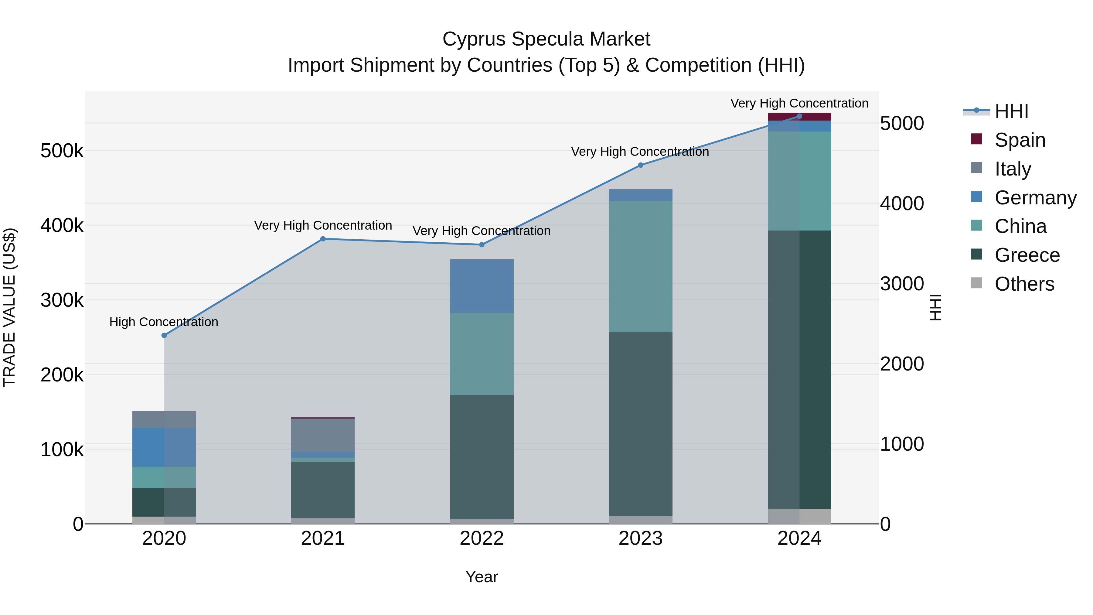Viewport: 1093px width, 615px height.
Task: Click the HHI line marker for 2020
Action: coord(164,335)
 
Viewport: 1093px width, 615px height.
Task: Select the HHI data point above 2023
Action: coord(641,165)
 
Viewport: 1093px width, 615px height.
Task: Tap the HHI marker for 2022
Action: coord(482,245)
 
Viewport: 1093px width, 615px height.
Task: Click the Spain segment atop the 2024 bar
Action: coord(799,117)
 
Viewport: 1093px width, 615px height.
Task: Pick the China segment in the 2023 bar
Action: coord(641,267)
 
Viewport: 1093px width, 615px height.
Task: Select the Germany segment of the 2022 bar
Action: coord(482,286)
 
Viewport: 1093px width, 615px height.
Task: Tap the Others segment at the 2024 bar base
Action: coord(799,516)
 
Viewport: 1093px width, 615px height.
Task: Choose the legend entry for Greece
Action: coord(1027,255)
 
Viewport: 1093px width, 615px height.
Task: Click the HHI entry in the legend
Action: coord(1011,111)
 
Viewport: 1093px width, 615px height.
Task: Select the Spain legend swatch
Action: coord(976,139)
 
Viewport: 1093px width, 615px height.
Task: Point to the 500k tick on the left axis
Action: coord(62,151)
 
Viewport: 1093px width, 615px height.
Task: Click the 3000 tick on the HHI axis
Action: coord(902,284)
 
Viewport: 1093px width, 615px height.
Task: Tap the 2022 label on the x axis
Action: coord(482,538)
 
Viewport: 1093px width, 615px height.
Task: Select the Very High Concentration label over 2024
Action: coord(799,103)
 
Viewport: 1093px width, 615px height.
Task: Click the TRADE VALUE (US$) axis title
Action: coord(9,307)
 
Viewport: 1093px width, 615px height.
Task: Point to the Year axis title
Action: coord(482,577)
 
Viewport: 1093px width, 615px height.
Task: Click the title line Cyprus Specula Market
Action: coord(546,39)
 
